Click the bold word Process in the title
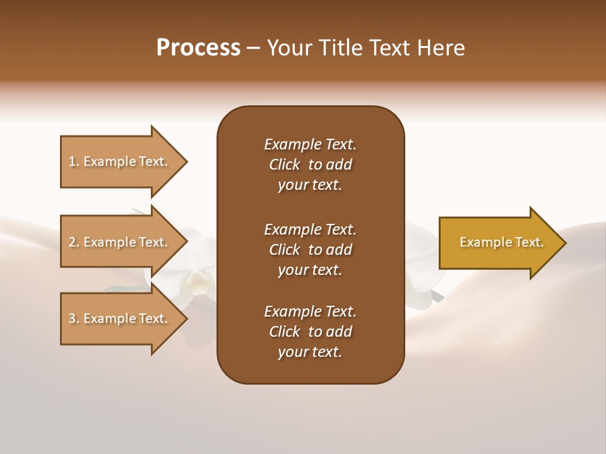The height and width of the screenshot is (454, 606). click(198, 48)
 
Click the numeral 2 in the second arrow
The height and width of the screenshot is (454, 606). click(72, 242)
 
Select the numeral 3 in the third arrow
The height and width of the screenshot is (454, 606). click(72, 318)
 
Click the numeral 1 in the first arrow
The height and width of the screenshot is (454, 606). click(72, 161)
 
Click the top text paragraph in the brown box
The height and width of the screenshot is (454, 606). click(310, 165)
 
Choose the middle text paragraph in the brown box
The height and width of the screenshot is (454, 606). click(310, 250)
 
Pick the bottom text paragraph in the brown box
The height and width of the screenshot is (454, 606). click(310, 332)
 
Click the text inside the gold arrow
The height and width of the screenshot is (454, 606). click(502, 242)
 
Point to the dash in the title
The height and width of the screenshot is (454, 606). click(254, 48)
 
